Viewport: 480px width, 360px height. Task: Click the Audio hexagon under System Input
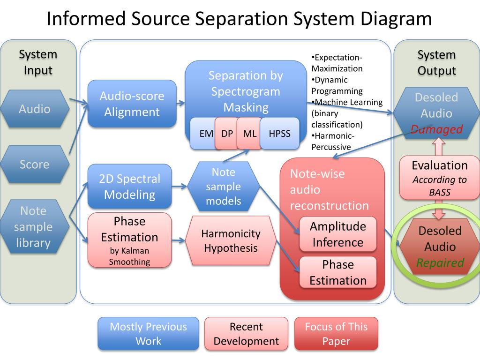click(35, 109)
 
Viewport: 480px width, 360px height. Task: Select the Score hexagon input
click(35, 165)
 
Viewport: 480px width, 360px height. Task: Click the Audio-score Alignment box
click(132, 104)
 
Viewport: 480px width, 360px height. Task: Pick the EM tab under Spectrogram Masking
click(205, 134)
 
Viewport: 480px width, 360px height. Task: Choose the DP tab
click(227, 134)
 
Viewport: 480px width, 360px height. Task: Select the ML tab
click(249, 134)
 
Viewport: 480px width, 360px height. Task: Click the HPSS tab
click(279, 134)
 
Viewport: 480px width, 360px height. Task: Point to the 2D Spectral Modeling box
click(129, 186)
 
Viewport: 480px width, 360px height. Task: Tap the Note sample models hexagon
click(223, 187)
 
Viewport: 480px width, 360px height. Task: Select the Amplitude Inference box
click(337, 234)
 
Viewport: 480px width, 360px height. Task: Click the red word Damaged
click(436, 130)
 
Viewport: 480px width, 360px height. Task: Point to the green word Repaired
click(440, 262)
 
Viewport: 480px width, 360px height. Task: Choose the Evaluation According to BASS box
click(439, 179)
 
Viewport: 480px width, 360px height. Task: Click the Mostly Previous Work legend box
click(148, 334)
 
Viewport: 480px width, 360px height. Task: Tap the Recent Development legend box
click(246, 334)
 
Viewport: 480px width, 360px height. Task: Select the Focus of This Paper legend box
click(336, 334)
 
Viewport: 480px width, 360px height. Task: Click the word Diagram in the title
click(396, 19)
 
